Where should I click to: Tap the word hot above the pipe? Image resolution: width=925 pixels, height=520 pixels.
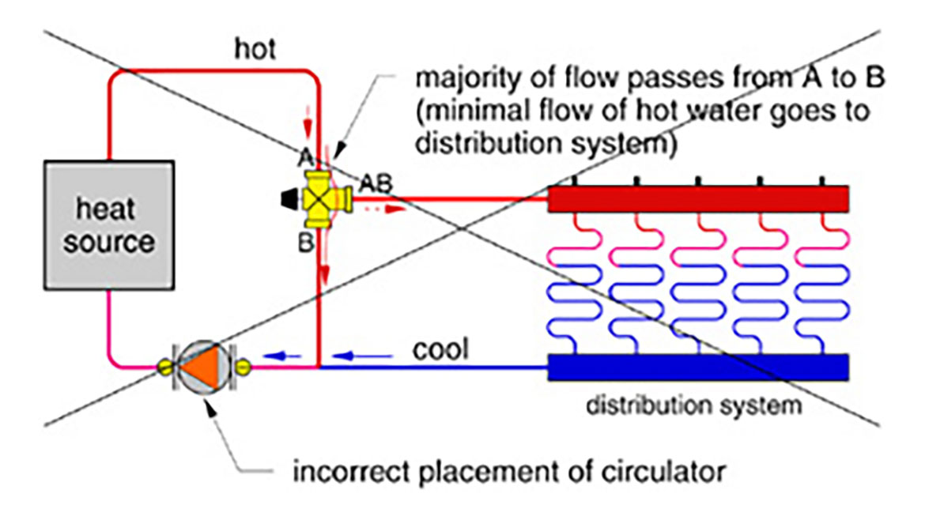point(255,50)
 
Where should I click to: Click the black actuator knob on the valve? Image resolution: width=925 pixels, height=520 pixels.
point(288,198)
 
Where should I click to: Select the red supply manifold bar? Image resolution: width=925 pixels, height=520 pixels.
point(697,198)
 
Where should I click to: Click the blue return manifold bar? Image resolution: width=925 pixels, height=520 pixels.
point(697,367)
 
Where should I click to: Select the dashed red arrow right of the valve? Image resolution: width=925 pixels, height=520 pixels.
point(388,209)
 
